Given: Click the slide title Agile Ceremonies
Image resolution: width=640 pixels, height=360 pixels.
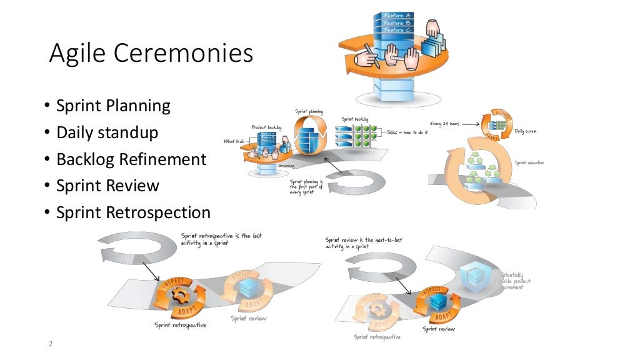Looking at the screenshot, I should pyautogui.click(x=151, y=54).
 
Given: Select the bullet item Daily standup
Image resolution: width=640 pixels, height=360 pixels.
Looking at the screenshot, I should pyautogui.click(x=107, y=132).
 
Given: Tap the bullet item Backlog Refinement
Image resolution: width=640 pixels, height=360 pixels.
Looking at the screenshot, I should pyautogui.click(x=131, y=159).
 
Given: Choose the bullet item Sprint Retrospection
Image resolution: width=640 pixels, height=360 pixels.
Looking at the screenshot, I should pyautogui.click(x=133, y=212).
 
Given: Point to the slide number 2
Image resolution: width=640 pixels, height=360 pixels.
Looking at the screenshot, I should pyautogui.click(x=51, y=344).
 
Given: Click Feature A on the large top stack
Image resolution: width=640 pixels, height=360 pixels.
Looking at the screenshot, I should pyautogui.click(x=397, y=15).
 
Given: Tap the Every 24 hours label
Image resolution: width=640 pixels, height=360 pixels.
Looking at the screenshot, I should pyautogui.click(x=445, y=124).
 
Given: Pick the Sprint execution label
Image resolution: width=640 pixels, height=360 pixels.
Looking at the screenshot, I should pyautogui.click(x=529, y=162).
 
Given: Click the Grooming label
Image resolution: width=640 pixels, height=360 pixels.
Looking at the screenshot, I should pyautogui.click(x=287, y=166).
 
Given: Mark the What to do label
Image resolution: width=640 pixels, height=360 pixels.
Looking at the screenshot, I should pyautogui.click(x=234, y=141).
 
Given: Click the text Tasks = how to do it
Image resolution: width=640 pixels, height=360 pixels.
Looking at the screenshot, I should pyautogui.click(x=406, y=132).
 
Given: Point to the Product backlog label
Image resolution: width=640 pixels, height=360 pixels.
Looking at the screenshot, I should pyautogui.click(x=266, y=127).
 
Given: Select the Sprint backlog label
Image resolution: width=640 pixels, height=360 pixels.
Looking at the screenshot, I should pyautogui.click(x=354, y=119).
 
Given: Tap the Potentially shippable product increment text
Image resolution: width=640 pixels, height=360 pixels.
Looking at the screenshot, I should pyautogui.click(x=516, y=281).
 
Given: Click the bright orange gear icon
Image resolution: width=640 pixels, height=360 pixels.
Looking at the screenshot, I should pyautogui.click(x=181, y=296).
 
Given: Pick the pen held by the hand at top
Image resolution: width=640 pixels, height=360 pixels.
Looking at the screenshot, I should pyautogui.click(x=371, y=54).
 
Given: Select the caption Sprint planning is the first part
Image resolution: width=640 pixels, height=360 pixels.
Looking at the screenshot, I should pyautogui.click(x=306, y=186).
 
